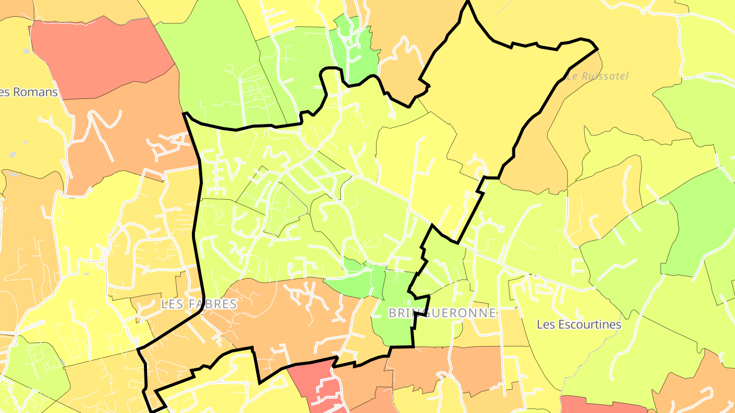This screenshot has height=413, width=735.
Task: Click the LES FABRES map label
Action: coord(199,304)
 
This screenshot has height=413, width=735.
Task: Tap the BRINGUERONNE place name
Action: coord(442,313)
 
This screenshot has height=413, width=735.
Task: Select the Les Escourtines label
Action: coord(579,325)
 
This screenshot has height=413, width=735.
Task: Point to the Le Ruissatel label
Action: coord(597,76)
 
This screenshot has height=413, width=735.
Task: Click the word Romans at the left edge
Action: coord(35,92)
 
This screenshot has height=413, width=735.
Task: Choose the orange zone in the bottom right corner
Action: coord(699,388)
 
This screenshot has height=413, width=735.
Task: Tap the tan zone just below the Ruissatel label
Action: coord(541,153)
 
